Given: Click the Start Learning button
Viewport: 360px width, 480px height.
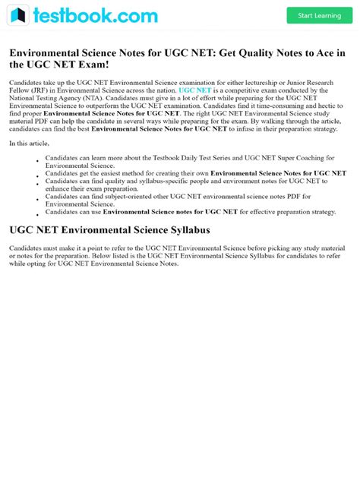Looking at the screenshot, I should click(x=319, y=15).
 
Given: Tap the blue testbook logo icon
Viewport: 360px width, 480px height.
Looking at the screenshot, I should click(x=19, y=15).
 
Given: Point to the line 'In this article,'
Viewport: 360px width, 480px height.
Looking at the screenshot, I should click(x=30, y=143).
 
